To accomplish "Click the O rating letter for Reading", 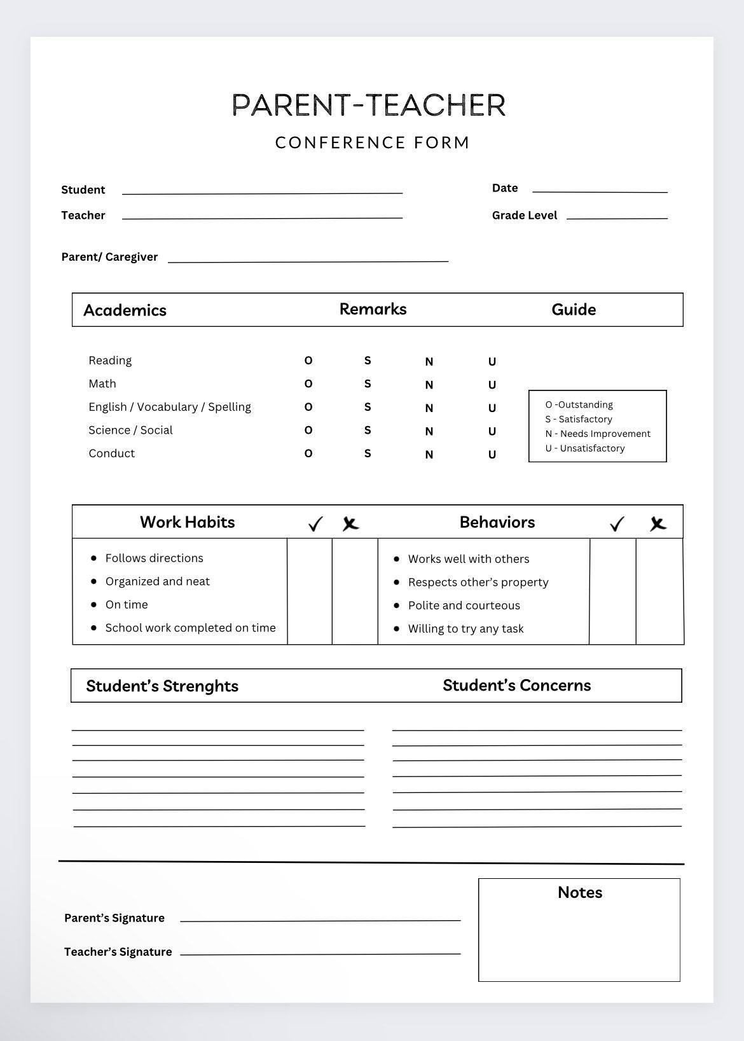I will pyautogui.click(x=308, y=361).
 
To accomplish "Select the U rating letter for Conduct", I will pyautogui.click(x=492, y=455).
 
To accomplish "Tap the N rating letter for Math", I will pyautogui.click(x=429, y=385).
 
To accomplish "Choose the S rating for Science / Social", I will pyautogui.click(x=368, y=431).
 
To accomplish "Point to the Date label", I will pyautogui.click(x=505, y=188).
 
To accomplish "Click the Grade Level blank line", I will pyautogui.click(x=617, y=217).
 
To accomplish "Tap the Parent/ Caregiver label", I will pyautogui.click(x=109, y=257).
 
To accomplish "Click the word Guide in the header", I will pyautogui.click(x=574, y=310).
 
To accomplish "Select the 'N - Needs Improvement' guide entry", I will pyautogui.click(x=598, y=434).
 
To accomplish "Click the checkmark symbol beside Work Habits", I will pyautogui.click(x=315, y=523).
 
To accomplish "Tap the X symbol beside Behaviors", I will pyautogui.click(x=658, y=523).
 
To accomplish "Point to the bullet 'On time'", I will pyautogui.click(x=127, y=605).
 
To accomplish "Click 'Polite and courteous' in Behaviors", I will pyautogui.click(x=464, y=605).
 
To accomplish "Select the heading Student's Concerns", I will pyautogui.click(x=516, y=686).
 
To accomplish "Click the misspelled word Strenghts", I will pyautogui.click(x=200, y=686).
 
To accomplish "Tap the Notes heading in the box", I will pyautogui.click(x=579, y=892).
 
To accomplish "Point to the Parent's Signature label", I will pyautogui.click(x=114, y=918).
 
